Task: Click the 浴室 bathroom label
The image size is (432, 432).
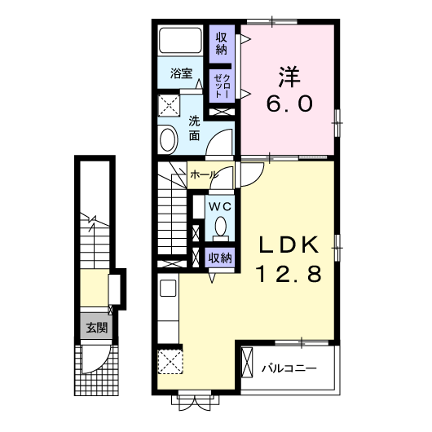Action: [x=181, y=73]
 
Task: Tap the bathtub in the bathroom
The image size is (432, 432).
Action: [x=180, y=40]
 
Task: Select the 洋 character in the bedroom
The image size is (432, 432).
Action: [x=289, y=77]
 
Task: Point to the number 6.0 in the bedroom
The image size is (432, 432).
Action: [x=289, y=104]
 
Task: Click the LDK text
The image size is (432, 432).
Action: [x=289, y=245]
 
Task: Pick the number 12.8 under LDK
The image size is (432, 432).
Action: [x=289, y=274]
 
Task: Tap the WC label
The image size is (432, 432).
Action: [x=219, y=207]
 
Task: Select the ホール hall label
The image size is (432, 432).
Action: [x=203, y=174]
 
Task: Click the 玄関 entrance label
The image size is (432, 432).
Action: [x=96, y=328]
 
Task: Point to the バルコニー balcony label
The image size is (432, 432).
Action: [x=289, y=368]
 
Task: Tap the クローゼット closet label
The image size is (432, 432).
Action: [x=222, y=86]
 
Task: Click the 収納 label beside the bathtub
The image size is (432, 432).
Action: [x=222, y=43]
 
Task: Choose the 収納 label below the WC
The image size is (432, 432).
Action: [x=220, y=258]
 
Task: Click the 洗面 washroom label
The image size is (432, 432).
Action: [x=194, y=129]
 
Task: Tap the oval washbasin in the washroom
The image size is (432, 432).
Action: [x=168, y=139]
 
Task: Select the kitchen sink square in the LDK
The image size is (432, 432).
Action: [x=168, y=289]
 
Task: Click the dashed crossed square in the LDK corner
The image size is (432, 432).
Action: [x=170, y=362]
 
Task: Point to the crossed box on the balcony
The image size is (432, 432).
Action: [x=247, y=363]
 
